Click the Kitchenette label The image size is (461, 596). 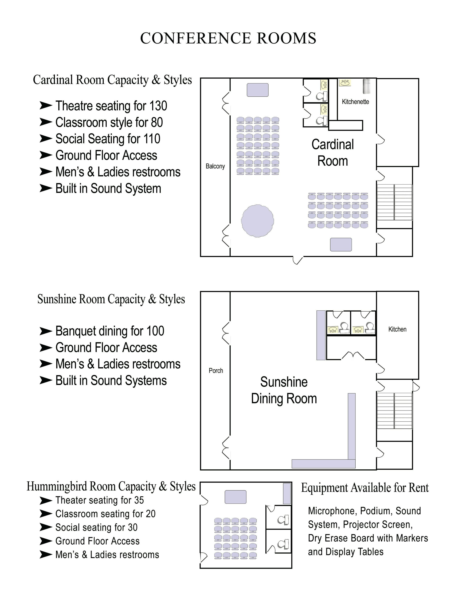(x=355, y=102)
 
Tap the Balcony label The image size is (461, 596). (x=215, y=166)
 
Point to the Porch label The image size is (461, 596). (x=216, y=371)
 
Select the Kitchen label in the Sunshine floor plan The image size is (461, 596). (x=397, y=329)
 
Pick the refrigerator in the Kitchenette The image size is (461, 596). (x=366, y=86)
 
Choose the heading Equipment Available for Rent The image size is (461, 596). (x=365, y=488)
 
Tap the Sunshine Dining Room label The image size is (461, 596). (x=284, y=390)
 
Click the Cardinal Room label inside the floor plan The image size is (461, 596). (x=333, y=153)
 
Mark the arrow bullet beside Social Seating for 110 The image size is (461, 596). (x=46, y=139)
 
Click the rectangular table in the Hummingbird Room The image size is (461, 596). (x=235, y=497)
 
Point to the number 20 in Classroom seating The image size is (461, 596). (x=150, y=514)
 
